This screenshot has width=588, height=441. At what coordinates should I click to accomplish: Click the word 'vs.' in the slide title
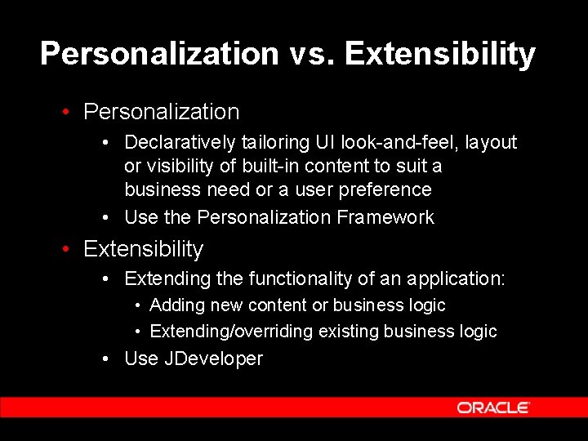click(x=311, y=54)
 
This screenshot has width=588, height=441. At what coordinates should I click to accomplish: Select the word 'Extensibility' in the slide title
click(x=439, y=54)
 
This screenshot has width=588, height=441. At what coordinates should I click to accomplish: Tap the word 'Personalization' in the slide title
click(x=159, y=54)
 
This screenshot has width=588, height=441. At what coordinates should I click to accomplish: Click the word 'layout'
click(x=492, y=143)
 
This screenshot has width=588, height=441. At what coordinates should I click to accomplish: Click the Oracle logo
click(x=493, y=408)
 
